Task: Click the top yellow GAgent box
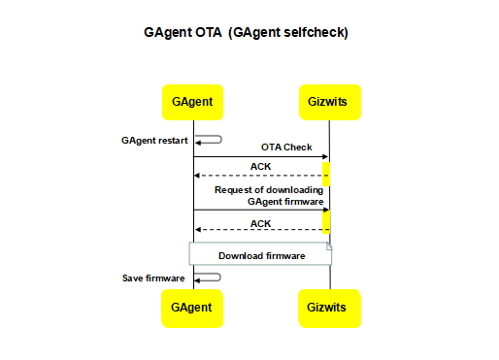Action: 193,101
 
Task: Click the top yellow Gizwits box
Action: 329,101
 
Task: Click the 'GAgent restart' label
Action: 154,140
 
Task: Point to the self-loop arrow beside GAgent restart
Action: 210,140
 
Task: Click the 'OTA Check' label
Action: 286,147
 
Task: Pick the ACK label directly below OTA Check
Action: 261,166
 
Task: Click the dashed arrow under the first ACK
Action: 258,176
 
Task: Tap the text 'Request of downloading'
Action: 269,189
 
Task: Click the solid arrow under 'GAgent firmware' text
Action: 258,210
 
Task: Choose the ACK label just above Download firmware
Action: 261,223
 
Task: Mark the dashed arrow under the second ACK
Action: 258,230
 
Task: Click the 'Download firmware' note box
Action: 260,256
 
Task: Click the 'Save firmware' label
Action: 153,278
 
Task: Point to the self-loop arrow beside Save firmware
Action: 210,278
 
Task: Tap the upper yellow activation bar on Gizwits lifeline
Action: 326,174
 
